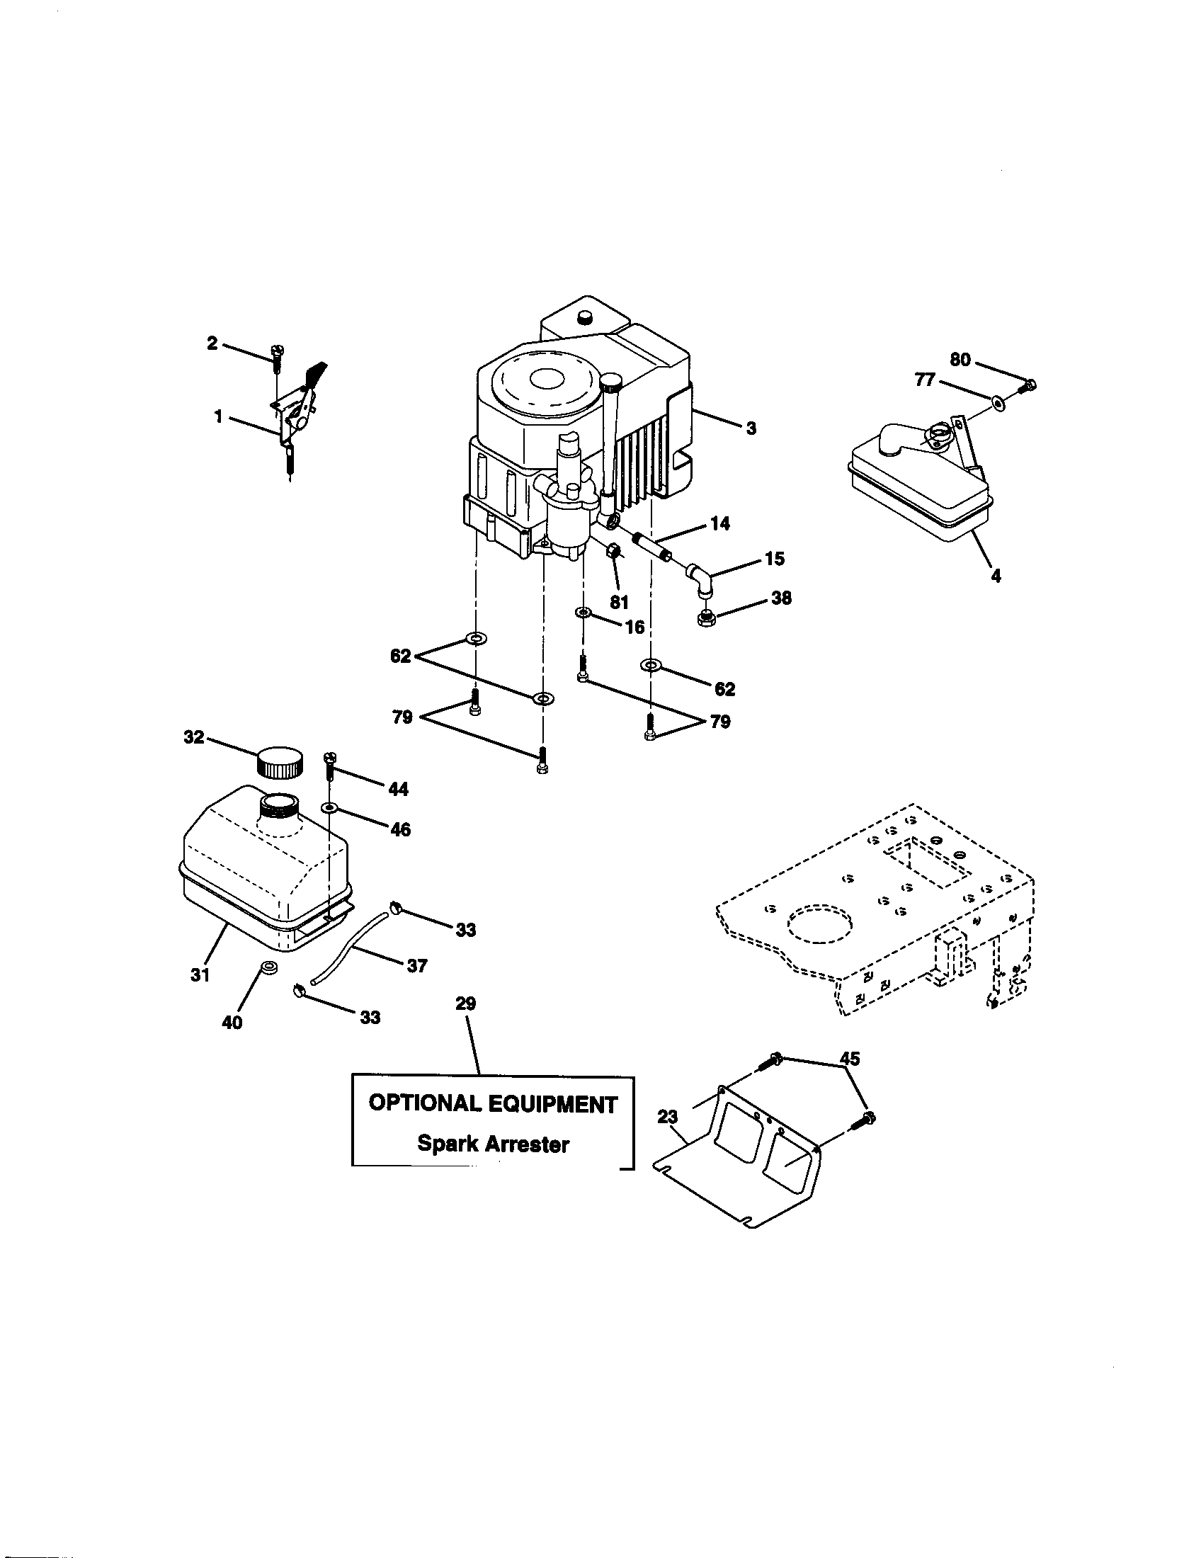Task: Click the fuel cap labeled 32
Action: click(x=279, y=763)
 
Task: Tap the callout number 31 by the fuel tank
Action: click(x=200, y=974)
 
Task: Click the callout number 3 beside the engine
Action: click(x=751, y=428)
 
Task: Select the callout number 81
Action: click(x=619, y=602)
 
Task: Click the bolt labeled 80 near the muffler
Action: click(x=1028, y=387)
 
